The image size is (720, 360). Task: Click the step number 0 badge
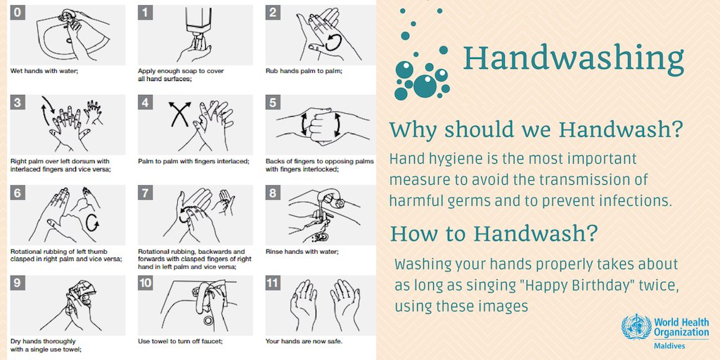pos(18,13)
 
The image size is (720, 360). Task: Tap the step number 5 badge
pos(273,103)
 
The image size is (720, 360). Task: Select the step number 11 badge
pos(273,283)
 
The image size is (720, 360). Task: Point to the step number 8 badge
pos(273,193)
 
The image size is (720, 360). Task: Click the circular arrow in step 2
pos(332,43)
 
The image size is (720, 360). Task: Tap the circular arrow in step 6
pos(92,222)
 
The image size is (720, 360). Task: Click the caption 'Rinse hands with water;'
pos(302,252)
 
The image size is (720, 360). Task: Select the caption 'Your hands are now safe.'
pos(304,342)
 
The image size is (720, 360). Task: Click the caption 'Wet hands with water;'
pos(44,71)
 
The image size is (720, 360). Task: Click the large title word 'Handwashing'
pos(573,58)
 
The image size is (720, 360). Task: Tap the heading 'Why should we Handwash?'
pos(536,130)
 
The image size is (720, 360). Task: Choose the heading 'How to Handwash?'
pos(494,233)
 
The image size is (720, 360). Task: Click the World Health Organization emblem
pos(636,327)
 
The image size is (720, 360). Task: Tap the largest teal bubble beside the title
pos(425,85)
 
